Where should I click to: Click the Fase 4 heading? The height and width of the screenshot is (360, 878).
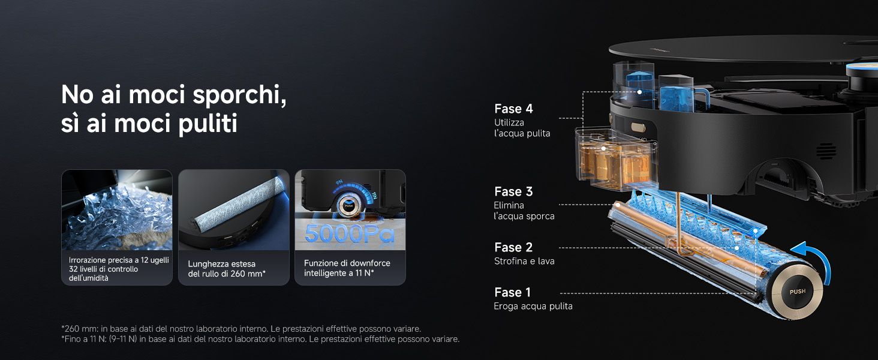513,109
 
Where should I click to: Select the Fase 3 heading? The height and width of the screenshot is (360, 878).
513,191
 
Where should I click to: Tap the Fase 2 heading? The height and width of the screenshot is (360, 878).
513,247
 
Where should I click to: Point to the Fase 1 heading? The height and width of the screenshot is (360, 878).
513,293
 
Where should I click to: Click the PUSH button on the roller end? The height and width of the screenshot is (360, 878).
797,292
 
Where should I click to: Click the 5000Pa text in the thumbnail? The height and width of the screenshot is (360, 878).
350,234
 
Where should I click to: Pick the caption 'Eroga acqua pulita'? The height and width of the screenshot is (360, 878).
533,306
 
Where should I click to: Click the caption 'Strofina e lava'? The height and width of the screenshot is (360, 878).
524,261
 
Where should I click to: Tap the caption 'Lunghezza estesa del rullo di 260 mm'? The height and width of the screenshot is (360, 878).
227,269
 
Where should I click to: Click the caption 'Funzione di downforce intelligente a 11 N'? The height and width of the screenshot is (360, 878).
347,268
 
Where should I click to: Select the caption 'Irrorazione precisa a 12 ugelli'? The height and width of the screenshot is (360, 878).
119,260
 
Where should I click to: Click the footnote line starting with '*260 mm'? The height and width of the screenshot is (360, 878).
241,329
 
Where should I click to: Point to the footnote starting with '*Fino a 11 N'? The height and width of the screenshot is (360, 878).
260,339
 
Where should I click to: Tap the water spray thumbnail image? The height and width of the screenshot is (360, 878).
117,210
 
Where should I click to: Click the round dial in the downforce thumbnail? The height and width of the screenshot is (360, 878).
348,205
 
